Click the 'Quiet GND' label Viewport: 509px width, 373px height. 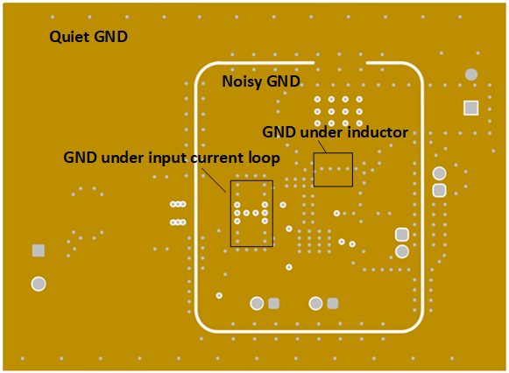88,37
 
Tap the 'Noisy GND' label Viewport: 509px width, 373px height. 261,81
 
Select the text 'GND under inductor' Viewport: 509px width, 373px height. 336,132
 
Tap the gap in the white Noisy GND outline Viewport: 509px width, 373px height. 349,63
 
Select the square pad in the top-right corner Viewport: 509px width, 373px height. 471,108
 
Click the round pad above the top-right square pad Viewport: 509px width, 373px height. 471,75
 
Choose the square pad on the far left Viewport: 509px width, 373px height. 39,250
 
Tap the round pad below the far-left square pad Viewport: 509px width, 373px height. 39,284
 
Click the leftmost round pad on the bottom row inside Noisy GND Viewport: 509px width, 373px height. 257,303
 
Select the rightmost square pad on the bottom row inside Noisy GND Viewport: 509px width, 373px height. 333,303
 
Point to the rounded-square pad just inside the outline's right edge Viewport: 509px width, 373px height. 402,235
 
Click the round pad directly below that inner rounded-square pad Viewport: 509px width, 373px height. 402,251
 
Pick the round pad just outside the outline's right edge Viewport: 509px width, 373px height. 440,173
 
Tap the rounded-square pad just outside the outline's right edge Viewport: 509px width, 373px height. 440,190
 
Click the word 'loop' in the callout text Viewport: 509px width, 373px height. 264,158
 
